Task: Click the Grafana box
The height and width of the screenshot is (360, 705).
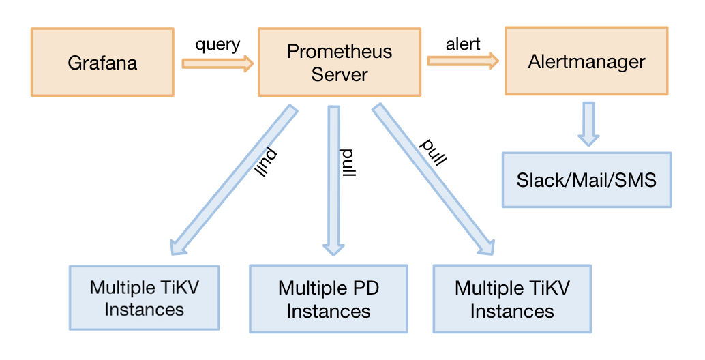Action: click(x=102, y=62)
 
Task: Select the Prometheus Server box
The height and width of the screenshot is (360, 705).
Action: click(x=340, y=62)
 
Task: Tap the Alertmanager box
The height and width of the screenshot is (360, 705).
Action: click(x=586, y=61)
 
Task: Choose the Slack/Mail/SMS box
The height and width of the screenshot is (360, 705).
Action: click(x=586, y=180)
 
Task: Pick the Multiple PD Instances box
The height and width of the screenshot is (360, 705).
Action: click(x=328, y=299)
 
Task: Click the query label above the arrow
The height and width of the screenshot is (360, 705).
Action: click(x=217, y=45)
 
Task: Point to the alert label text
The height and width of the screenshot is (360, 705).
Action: click(x=463, y=44)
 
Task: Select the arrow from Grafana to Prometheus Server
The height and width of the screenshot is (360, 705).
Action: click(x=217, y=63)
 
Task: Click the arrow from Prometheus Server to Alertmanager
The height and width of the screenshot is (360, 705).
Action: click(x=463, y=61)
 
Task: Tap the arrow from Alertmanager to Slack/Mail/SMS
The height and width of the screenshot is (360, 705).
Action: click(x=588, y=124)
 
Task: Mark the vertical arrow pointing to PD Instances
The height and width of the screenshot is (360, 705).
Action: click(x=333, y=181)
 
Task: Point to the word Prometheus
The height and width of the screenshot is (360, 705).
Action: click(x=340, y=51)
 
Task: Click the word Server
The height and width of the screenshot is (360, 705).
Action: click(x=340, y=74)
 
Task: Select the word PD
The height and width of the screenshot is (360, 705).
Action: click(x=365, y=288)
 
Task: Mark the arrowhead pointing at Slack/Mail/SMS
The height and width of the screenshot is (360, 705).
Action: click(x=588, y=140)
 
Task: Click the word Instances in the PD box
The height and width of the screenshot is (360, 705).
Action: click(x=328, y=311)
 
